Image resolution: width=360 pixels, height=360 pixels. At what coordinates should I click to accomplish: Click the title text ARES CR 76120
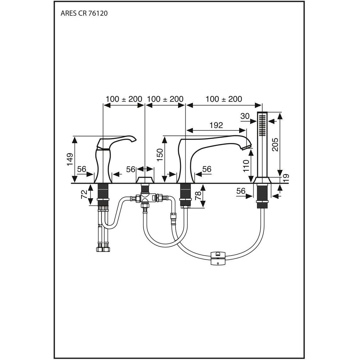click(84, 14)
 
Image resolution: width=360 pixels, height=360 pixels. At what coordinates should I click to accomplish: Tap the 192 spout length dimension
click(216, 125)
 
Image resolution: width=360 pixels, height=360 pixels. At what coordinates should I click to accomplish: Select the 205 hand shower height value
click(275, 144)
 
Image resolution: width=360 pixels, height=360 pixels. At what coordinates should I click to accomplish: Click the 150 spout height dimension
click(160, 155)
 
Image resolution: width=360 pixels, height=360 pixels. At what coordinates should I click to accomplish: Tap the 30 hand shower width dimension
click(245, 116)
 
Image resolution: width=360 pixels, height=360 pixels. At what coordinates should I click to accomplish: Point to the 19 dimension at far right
click(286, 178)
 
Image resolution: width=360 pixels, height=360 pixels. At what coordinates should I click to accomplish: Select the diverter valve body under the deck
click(145, 199)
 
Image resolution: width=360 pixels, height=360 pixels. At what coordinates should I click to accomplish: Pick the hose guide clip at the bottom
click(218, 258)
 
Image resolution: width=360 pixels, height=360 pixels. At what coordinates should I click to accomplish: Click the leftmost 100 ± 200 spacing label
click(124, 99)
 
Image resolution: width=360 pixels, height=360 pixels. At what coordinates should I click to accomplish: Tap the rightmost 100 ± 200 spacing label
click(224, 99)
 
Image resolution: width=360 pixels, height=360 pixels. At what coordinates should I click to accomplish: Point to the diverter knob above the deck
click(145, 180)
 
